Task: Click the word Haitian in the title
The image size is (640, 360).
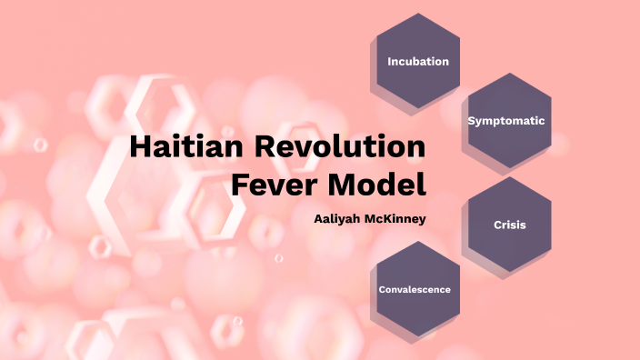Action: click(185, 147)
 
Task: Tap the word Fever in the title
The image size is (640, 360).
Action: click(268, 185)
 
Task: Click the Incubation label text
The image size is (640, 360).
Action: click(418, 62)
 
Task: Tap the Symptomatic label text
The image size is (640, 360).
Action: click(505, 120)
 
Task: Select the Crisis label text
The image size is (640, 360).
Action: click(510, 224)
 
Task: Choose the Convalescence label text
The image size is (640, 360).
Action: click(415, 289)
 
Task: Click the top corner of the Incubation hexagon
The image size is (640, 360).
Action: click(418, 14)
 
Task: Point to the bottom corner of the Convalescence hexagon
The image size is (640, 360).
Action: click(415, 336)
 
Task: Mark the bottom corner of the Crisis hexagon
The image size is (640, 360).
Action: click(510, 271)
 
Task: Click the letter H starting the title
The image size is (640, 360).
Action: click(140, 147)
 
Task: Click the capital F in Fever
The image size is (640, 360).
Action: click(239, 185)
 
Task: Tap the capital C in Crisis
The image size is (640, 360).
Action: click(498, 224)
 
